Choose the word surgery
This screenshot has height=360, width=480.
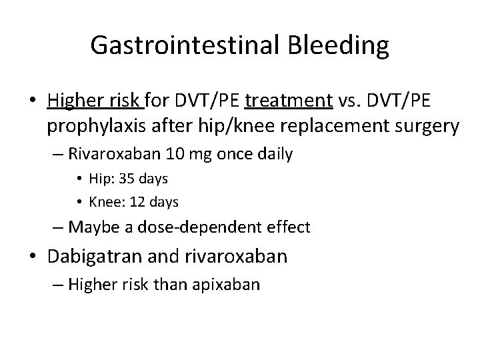[426, 126]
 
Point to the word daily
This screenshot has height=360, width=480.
[273, 155]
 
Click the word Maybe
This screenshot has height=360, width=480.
[93, 227]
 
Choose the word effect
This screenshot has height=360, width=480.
[287, 227]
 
